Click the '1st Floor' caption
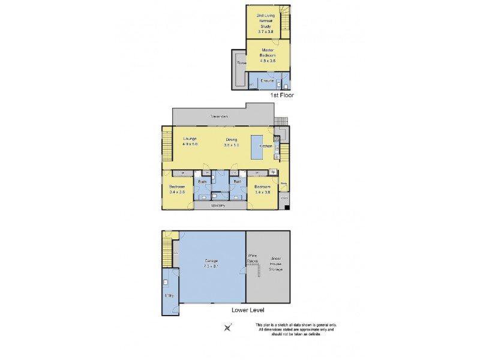[x=282, y=95]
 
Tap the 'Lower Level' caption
[x=248, y=310]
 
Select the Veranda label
[x=219, y=116]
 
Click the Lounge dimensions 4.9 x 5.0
[x=190, y=145]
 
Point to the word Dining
[x=232, y=139]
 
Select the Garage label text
[x=211, y=261]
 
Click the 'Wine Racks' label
[x=253, y=259]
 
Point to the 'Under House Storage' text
[x=276, y=262]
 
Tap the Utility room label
[x=169, y=295]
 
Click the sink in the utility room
[x=165, y=281]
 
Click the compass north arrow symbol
[x=228, y=328]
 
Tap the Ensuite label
[x=268, y=80]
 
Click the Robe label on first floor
[x=241, y=62]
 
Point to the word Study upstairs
[x=264, y=26]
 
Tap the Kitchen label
[x=266, y=146]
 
